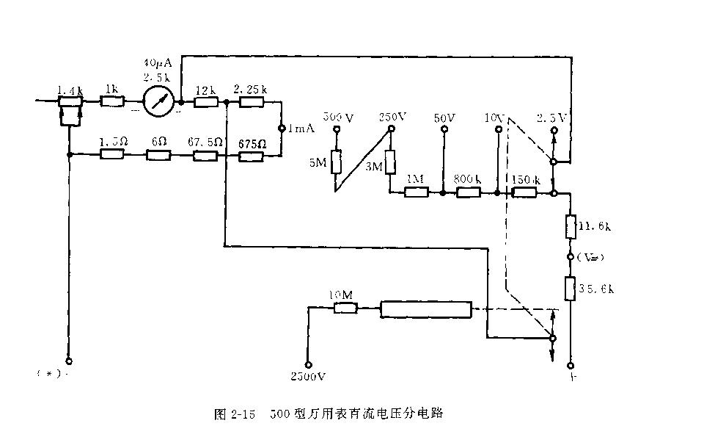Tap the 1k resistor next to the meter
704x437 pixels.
111,102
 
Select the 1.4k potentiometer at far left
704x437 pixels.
70,102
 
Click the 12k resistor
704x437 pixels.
206,102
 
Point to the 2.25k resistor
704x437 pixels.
251,102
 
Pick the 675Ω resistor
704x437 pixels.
251,155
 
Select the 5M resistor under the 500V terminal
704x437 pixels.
337,162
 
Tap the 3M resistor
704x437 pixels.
390,162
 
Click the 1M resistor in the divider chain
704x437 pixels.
417,192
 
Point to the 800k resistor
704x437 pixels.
468,192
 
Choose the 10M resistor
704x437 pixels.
345,308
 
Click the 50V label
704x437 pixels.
444,118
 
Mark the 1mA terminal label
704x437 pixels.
301,128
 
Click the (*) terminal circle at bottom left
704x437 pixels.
69,361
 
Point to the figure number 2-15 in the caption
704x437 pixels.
242,414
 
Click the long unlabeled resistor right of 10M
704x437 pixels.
425,309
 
